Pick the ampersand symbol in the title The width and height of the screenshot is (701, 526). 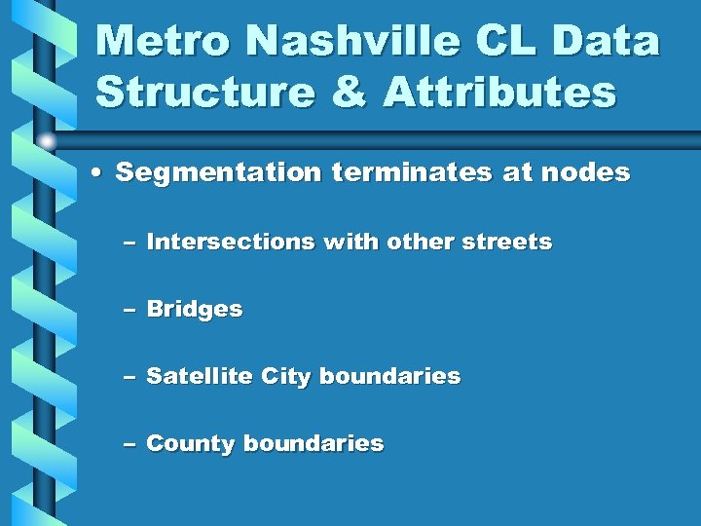click(x=350, y=94)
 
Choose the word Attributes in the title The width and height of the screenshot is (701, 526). click(x=499, y=94)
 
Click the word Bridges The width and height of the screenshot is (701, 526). click(x=194, y=310)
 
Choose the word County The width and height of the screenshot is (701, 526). click(x=191, y=444)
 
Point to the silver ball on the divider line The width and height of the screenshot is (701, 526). click(x=48, y=141)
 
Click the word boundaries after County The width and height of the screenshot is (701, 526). click(x=314, y=444)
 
